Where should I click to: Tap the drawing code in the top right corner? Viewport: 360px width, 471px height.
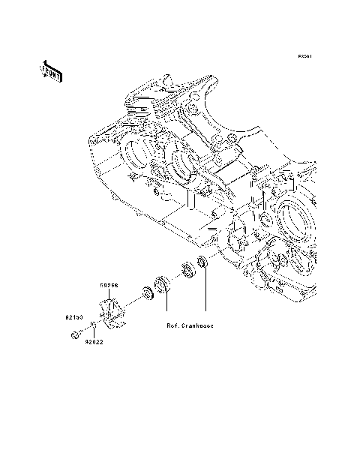[304, 56]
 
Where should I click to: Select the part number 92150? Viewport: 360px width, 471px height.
[73, 317]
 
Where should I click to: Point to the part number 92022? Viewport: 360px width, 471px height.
[94, 342]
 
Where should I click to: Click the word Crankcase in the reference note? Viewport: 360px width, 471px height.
[195, 326]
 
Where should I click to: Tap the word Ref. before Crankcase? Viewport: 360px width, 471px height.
[166, 326]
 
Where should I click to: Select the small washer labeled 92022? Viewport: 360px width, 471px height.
[91, 325]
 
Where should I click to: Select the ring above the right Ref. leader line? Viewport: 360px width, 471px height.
[201, 262]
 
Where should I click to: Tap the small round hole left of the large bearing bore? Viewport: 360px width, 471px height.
[264, 219]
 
